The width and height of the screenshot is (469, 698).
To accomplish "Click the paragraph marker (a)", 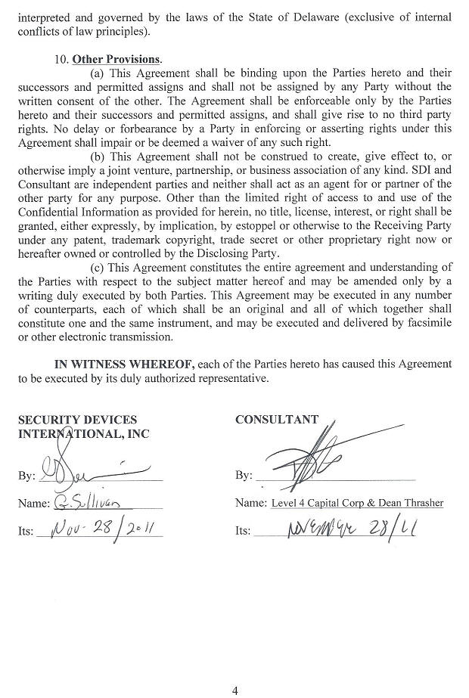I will pyautogui.click(x=98, y=73).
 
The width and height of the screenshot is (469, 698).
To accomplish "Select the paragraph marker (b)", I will pyautogui.click(x=98, y=157).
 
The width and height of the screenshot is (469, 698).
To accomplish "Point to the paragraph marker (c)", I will pyautogui.click(x=97, y=267).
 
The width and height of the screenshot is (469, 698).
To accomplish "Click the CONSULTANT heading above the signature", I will pyautogui.click(x=277, y=420).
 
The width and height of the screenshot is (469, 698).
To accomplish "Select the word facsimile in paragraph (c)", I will pyautogui.click(x=428, y=322).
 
